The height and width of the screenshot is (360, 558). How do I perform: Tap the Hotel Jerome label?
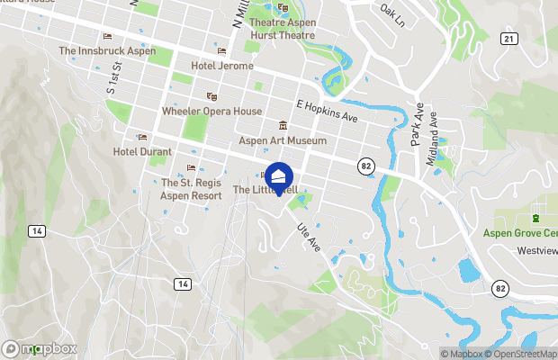(x=221, y=66)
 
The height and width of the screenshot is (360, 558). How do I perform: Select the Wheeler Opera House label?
(x=211, y=112)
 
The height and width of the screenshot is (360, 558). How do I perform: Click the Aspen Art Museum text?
(x=283, y=141)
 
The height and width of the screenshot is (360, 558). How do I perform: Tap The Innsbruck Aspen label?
(x=107, y=51)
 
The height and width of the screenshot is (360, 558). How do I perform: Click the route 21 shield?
(x=509, y=38)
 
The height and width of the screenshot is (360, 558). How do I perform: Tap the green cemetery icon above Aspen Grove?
(x=536, y=217)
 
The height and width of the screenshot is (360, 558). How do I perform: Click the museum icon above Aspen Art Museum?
(x=283, y=126)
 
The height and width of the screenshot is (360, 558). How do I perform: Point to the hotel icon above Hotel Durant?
(x=141, y=137)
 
